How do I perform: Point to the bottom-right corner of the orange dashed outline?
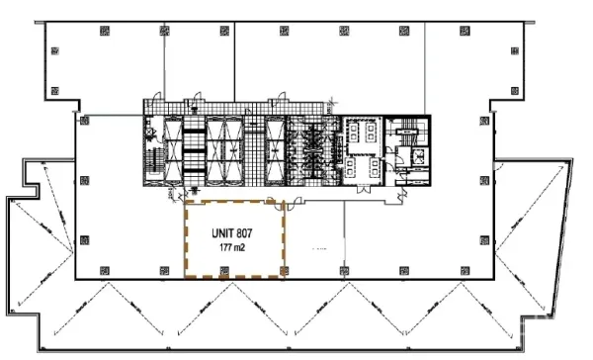tap(284, 280)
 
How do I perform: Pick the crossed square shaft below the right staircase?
tap(419, 156)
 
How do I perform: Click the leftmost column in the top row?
tap(104, 30)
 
